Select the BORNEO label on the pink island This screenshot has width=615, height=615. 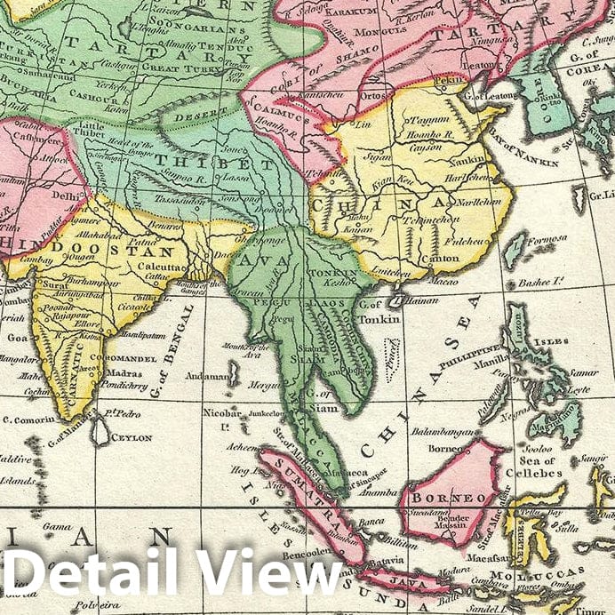click(441, 499)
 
